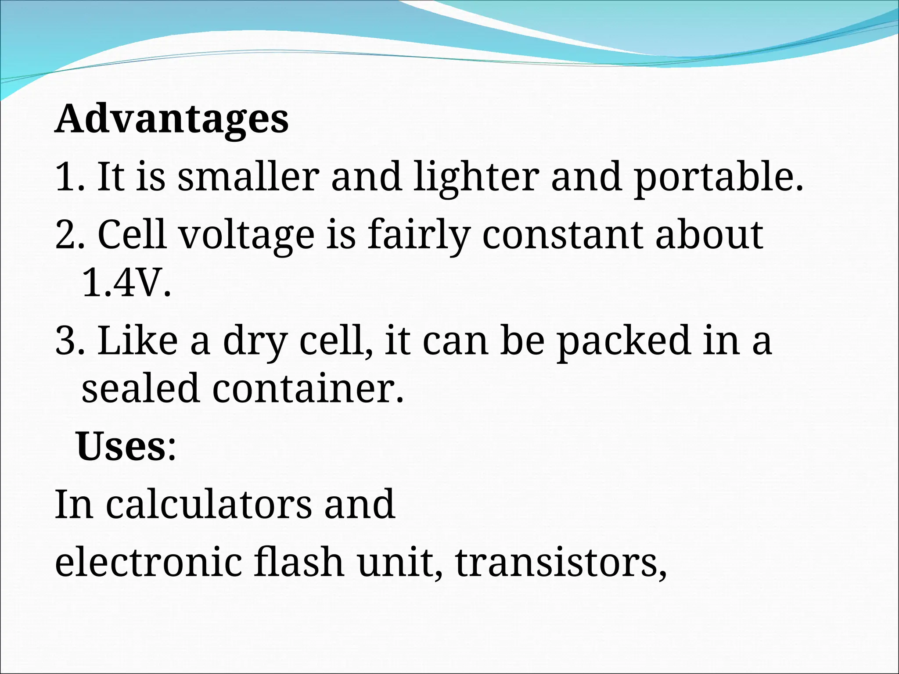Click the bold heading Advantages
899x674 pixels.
(172, 119)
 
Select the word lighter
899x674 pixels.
(476, 178)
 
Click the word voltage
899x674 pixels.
(247, 236)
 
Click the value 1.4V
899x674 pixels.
(126, 283)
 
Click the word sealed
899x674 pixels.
(140, 388)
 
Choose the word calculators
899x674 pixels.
(209, 505)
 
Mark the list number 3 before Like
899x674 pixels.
(66, 341)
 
